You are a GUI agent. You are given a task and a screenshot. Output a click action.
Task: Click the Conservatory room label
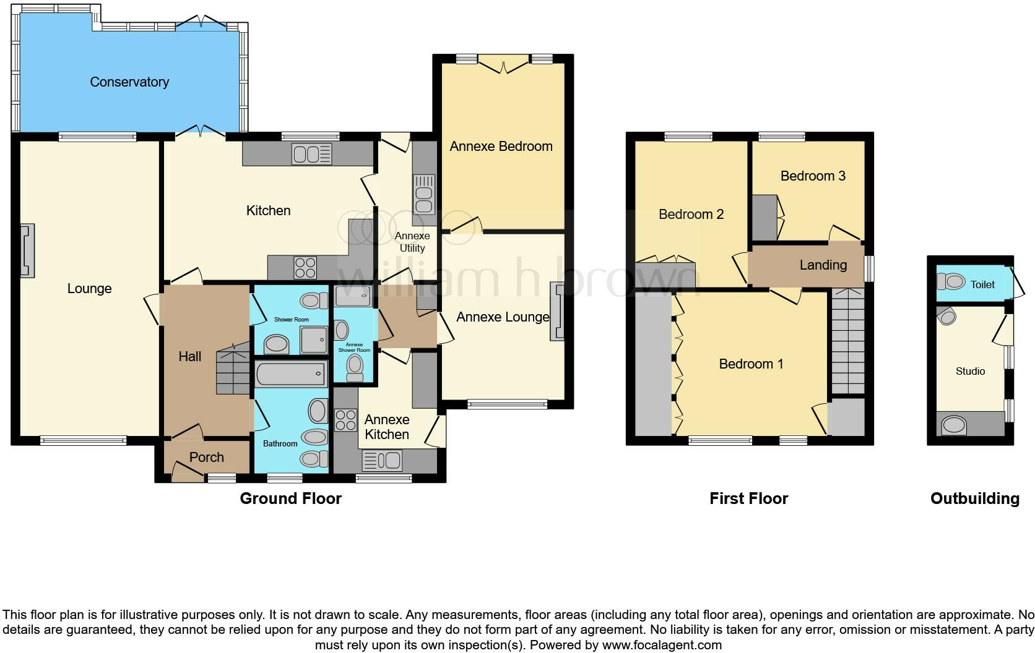pos(129,82)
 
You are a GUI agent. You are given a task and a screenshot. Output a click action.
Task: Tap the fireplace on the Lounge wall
pos(27,250)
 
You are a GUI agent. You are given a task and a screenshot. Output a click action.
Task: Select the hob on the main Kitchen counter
pos(305,268)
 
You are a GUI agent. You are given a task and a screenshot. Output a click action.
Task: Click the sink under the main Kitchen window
pos(312,153)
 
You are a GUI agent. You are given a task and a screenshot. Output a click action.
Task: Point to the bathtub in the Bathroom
pos(290,374)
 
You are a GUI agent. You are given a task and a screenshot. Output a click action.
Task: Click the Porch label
pos(206,457)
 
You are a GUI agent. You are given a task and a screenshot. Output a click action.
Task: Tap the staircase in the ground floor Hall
pos(233,370)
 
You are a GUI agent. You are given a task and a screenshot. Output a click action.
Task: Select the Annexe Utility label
pos(412,242)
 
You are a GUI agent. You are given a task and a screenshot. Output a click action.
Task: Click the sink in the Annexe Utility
pos(424,194)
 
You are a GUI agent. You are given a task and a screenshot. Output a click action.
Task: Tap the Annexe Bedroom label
pos(501,147)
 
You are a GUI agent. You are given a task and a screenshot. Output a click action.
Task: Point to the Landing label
pos(823,265)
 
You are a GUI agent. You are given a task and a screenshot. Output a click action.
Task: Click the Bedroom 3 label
pos(812,176)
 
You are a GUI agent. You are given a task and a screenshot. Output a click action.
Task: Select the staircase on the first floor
pos(847,342)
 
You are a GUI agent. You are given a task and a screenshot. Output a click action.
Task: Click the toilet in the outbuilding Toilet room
pos(951,283)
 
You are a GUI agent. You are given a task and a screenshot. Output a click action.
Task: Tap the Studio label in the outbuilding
pos(970,371)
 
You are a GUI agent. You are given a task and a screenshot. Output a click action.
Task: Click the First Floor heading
pos(748,498)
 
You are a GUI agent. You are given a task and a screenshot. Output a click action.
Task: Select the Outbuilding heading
pos(974,498)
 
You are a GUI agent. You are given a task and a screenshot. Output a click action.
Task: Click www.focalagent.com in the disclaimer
pos(661,645)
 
